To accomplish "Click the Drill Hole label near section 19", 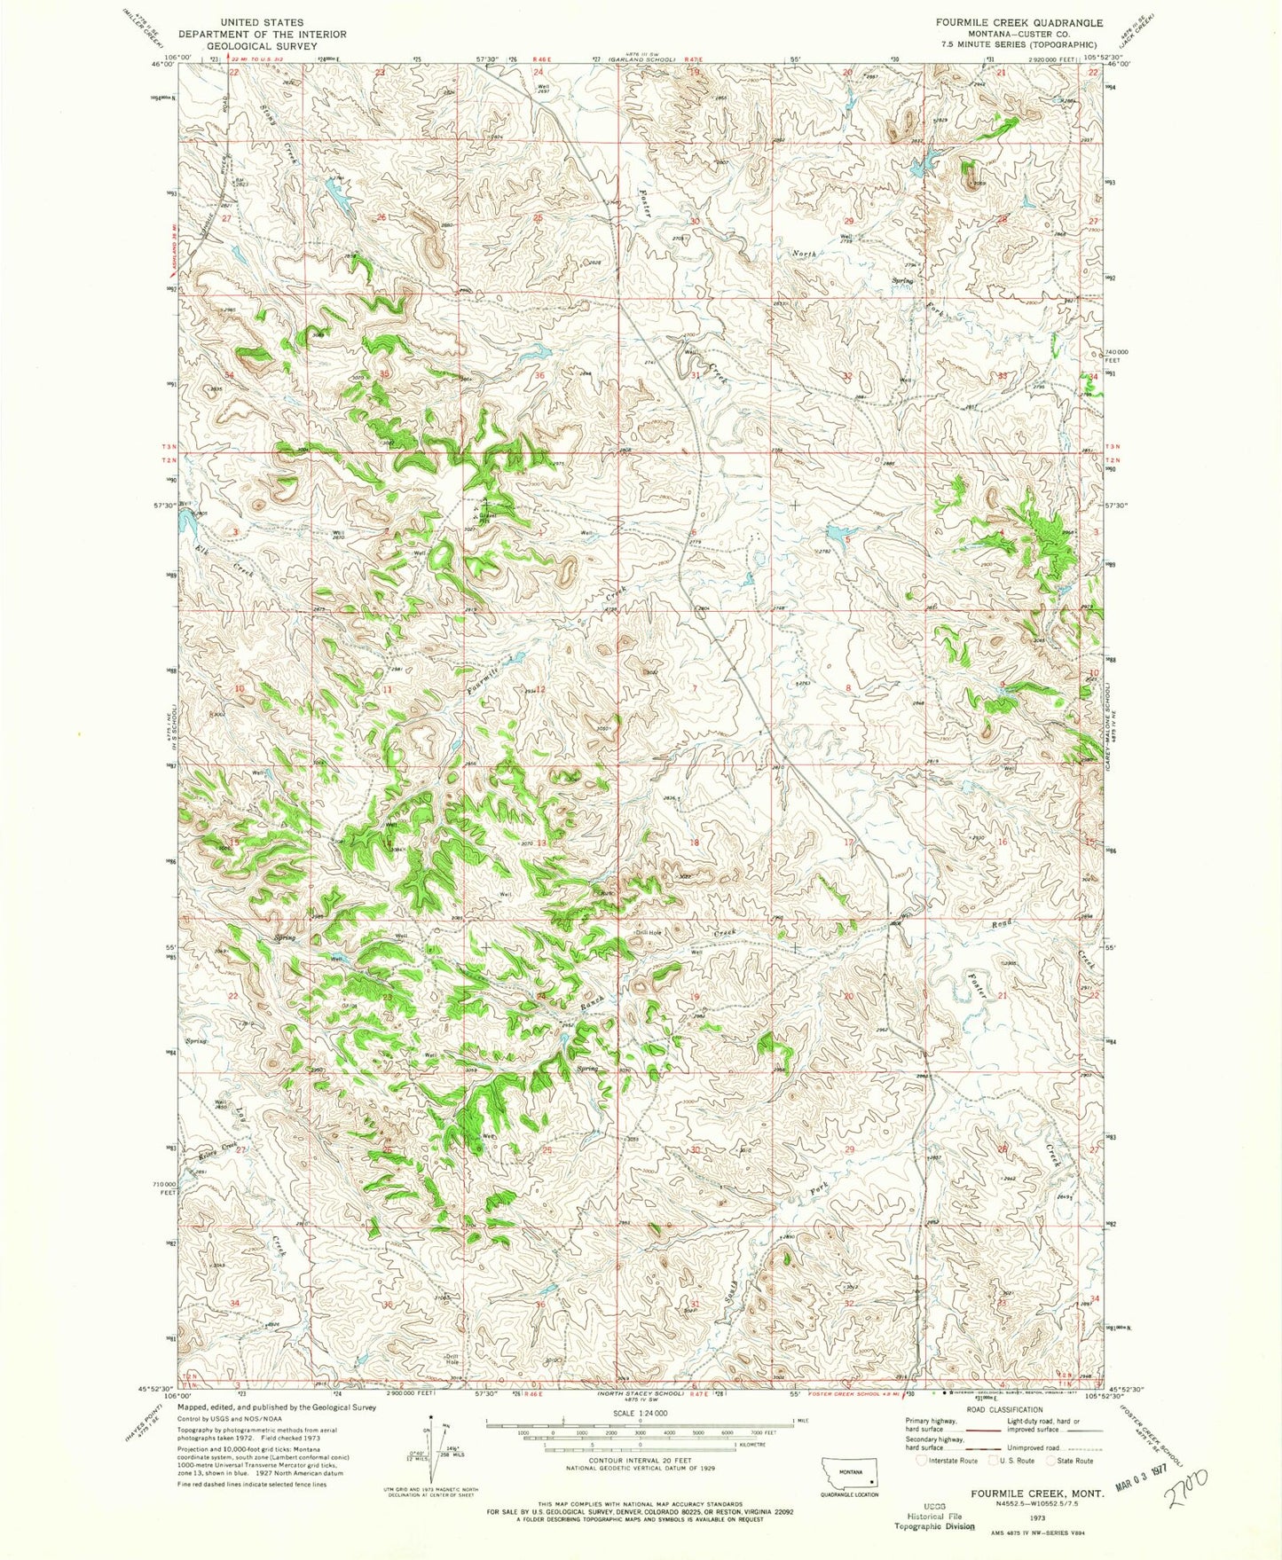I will click(x=649, y=932).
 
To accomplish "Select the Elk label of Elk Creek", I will click(x=203, y=549).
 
